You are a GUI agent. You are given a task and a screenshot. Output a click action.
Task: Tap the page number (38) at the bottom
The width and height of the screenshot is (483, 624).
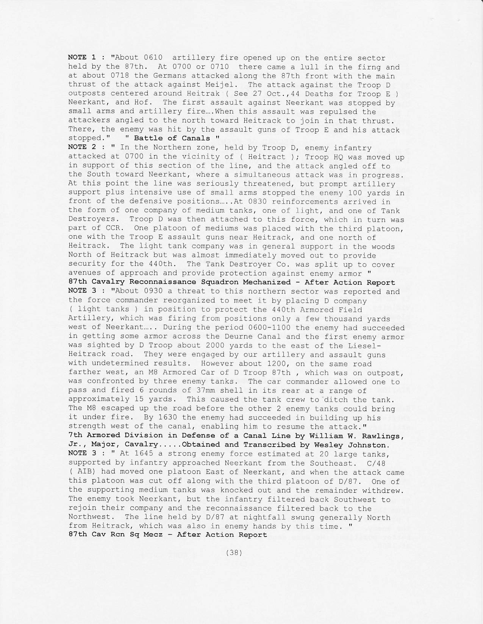pyautogui.click(x=234, y=552)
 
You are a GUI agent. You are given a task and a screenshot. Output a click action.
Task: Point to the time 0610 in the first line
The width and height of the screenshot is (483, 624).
pyautogui.click(x=153, y=58)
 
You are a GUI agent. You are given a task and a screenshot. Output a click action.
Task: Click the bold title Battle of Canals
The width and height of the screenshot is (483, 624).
pyautogui.click(x=172, y=138)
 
